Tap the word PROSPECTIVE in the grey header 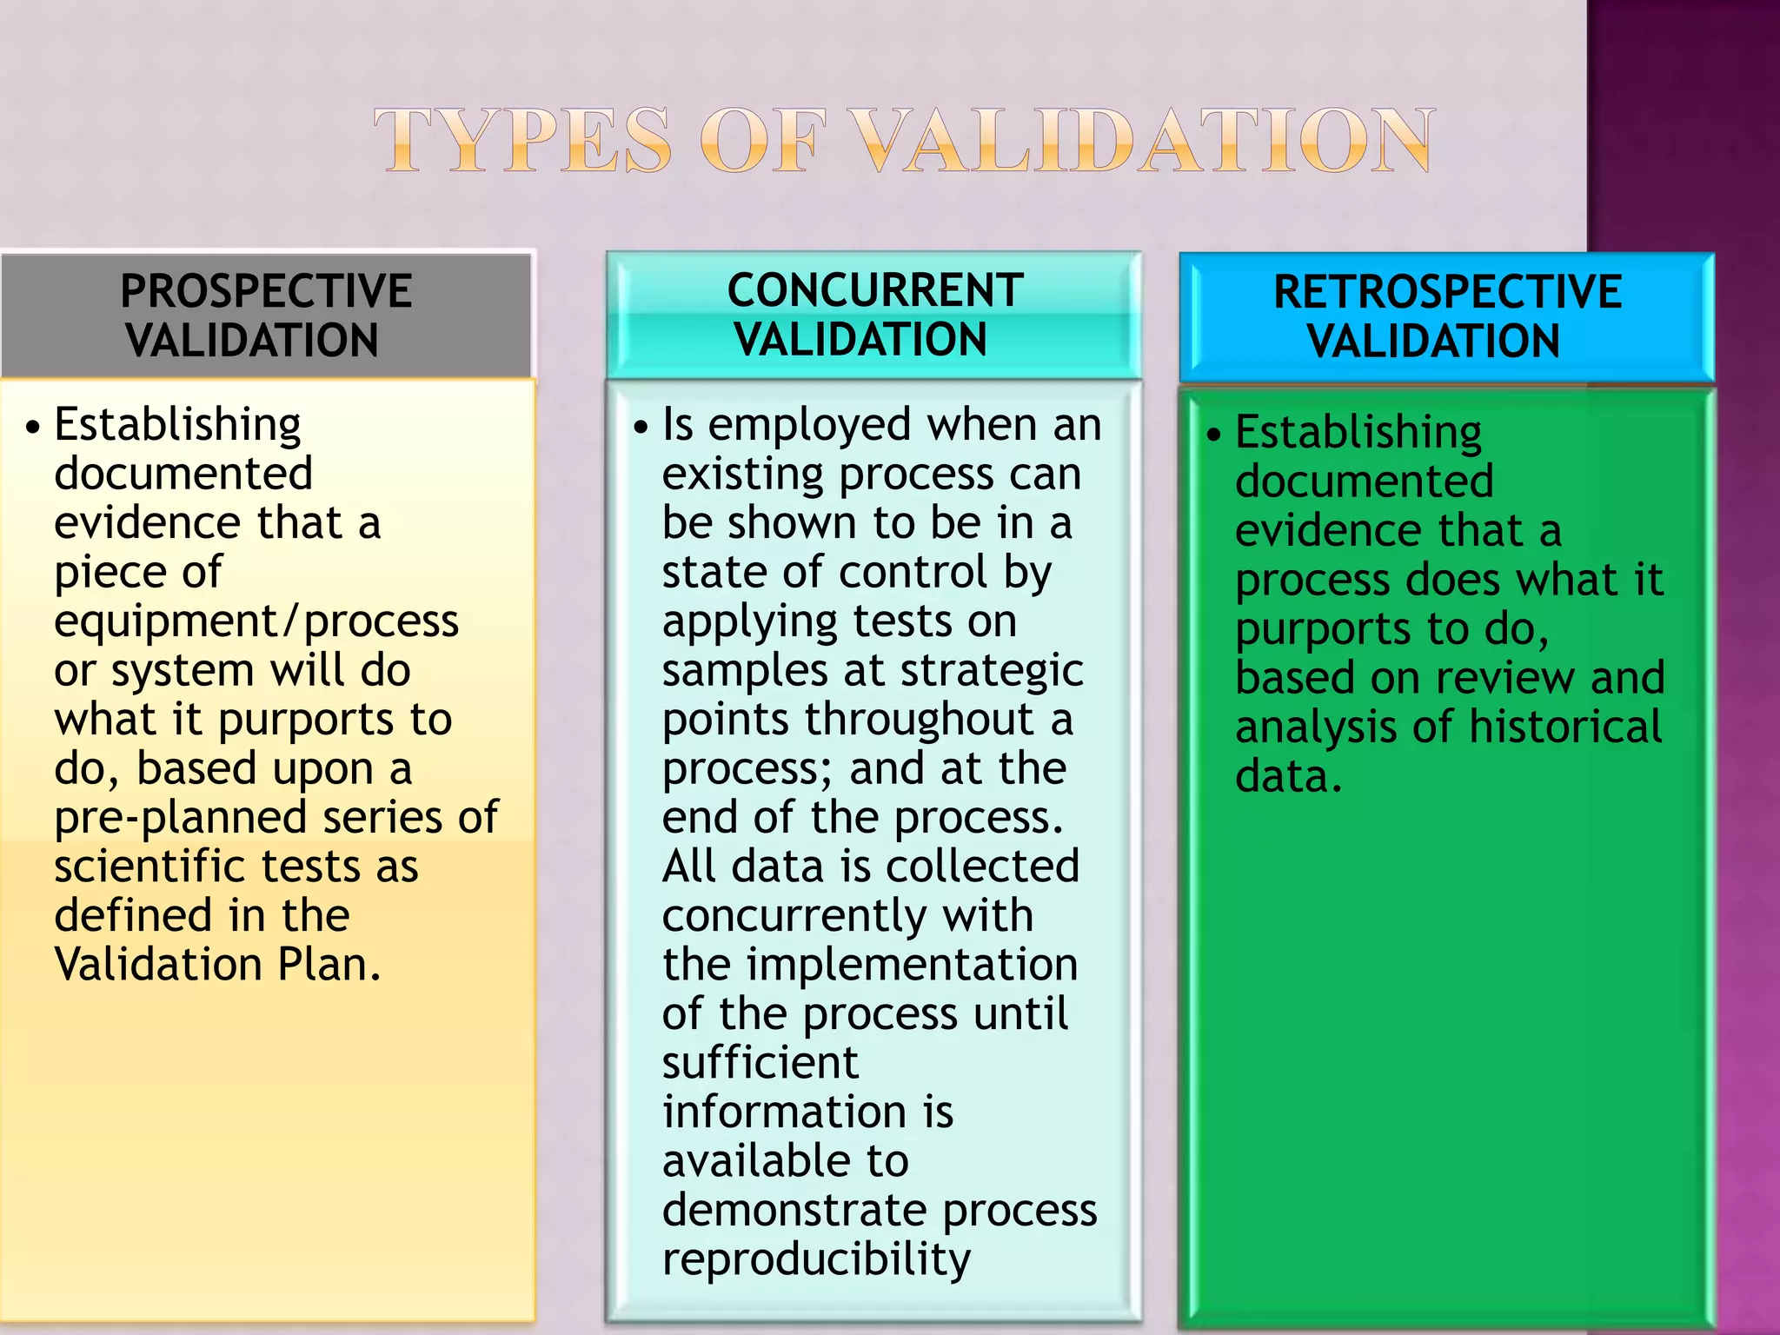coord(266,291)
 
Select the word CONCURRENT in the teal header coord(875,290)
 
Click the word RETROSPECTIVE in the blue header coord(1447,292)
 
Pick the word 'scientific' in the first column coord(149,867)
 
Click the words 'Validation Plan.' coord(217,965)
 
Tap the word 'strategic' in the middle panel coord(992,671)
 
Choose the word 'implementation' coord(912,965)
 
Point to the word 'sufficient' coord(760,1063)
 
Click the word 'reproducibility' coord(816,1259)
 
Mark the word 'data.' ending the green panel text coord(1288,776)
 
